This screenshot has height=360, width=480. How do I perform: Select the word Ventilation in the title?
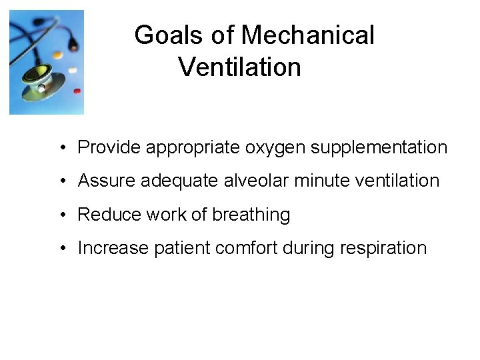coord(240,67)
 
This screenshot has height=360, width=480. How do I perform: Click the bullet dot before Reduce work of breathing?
coord(61,215)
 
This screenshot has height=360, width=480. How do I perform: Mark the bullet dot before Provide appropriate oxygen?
coord(61,148)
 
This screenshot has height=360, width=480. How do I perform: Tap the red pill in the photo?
coord(77,91)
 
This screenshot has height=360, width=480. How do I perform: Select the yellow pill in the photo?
coord(58,55)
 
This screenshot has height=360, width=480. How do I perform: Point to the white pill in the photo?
coord(72,69)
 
